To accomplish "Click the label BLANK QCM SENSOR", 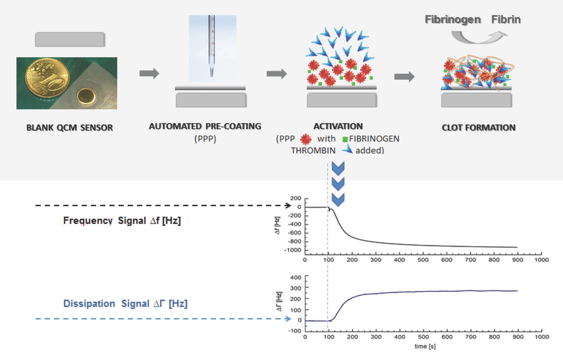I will (70, 128).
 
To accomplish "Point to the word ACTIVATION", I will (338, 126).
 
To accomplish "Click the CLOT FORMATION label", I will (479, 128).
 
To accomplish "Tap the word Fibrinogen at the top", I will (453, 20).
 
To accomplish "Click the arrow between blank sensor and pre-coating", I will (149, 74).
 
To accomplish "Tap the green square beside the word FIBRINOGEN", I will (345, 139).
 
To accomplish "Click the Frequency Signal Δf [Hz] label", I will (122, 221).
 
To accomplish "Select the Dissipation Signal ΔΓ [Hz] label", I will (125, 303).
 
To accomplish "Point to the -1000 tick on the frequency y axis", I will (292, 250).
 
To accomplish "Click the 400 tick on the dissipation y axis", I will (295, 278).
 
